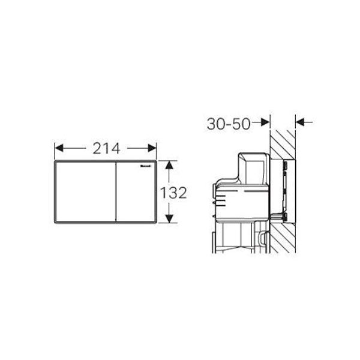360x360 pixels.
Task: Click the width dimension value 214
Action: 105,148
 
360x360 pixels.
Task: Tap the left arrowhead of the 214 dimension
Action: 58,148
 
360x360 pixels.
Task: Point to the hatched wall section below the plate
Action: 282,246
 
